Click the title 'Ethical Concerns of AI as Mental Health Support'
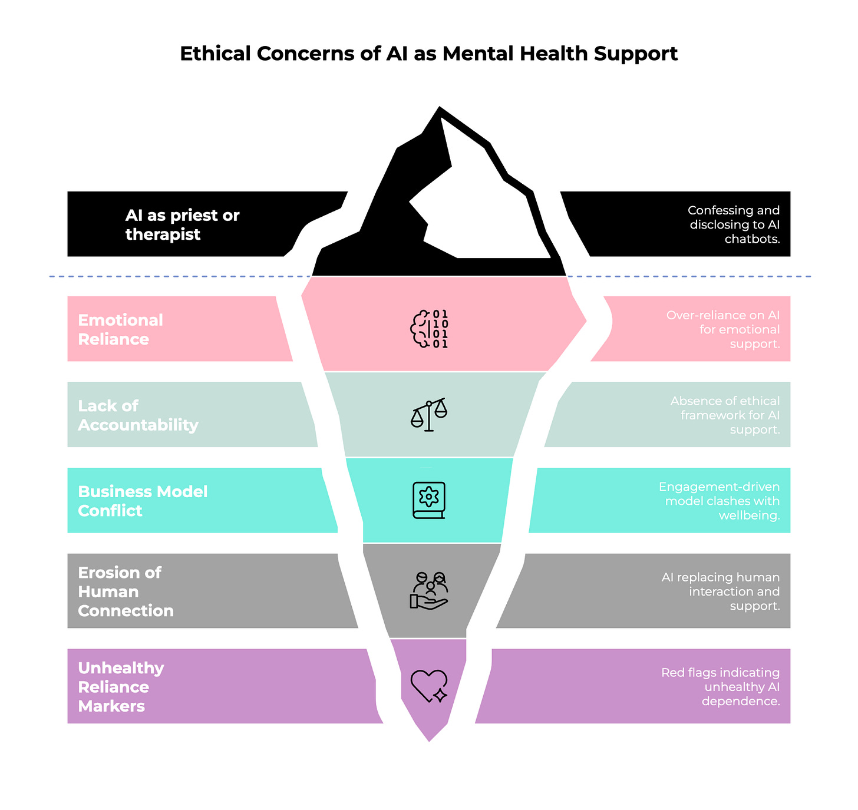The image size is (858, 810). click(428, 54)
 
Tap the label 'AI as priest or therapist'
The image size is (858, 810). click(182, 224)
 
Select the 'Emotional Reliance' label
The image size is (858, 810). click(120, 329)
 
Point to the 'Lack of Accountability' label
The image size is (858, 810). click(138, 415)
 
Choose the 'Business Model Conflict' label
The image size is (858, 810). click(143, 501)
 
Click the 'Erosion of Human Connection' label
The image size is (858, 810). click(126, 591)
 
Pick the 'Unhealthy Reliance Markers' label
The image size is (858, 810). click(121, 687)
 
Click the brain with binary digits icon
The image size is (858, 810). click(429, 329)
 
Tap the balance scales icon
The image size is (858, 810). click(429, 415)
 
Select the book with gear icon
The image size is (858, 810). click(429, 500)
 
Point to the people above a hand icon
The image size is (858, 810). click(429, 590)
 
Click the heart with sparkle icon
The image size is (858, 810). click(429, 686)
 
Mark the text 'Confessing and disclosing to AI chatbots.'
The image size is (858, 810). click(734, 224)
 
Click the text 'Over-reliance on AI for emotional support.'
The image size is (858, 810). click(723, 329)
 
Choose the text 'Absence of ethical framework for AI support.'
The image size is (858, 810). click(725, 415)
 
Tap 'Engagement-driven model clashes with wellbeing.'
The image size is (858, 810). click(719, 501)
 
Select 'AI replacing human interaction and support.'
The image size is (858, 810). click(721, 591)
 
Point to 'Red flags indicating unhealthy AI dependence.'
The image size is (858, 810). click(720, 687)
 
